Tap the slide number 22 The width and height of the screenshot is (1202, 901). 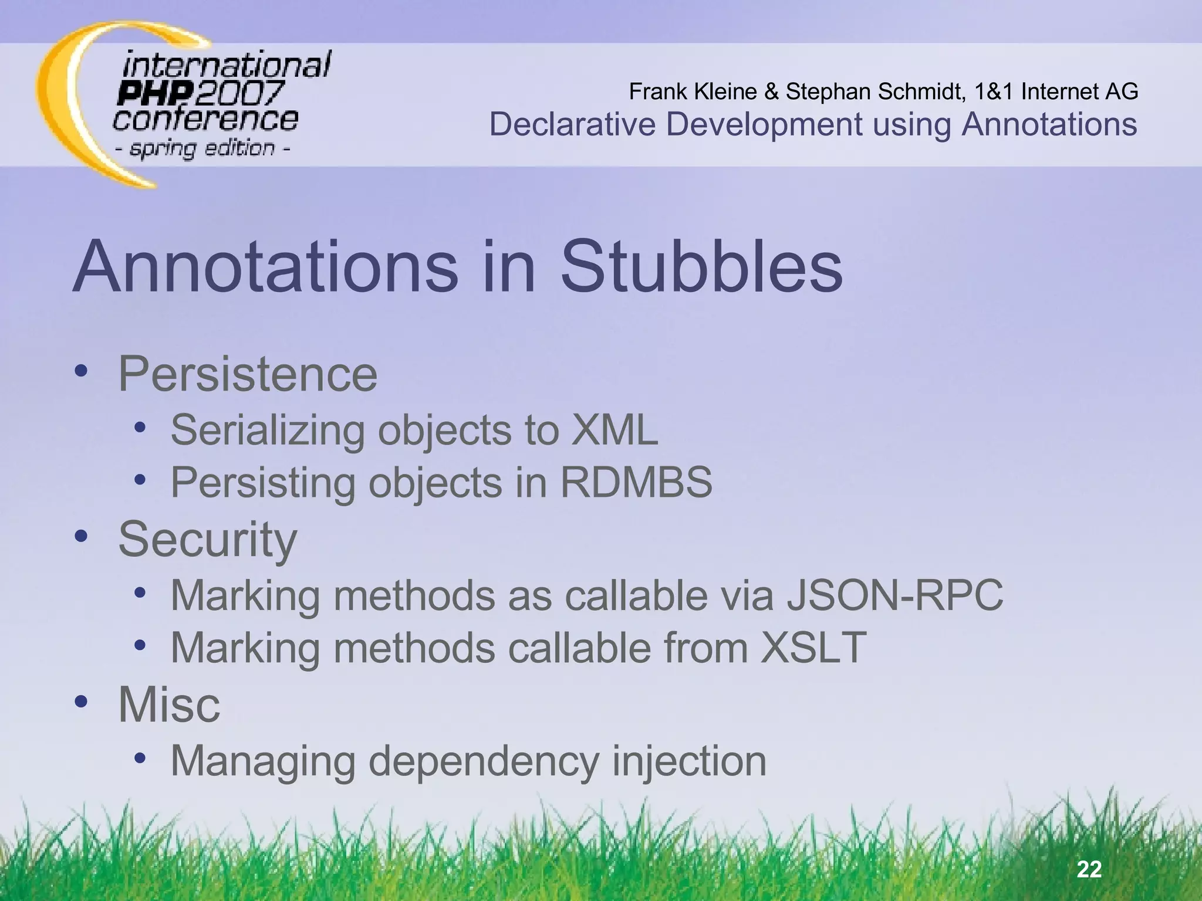1089,869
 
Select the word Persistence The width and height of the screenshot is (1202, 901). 248,374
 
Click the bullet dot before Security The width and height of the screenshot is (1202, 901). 81,536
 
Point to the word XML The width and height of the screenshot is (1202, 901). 614,430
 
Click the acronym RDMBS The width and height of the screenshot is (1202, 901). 636,482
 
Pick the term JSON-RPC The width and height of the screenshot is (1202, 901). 894,595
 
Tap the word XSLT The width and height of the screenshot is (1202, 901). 813,648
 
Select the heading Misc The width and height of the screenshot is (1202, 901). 169,704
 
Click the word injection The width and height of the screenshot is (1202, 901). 689,761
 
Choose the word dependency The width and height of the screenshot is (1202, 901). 484,761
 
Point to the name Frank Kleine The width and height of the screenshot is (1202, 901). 693,92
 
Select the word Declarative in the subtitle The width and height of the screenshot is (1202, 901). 572,124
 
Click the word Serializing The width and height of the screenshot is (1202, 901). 268,430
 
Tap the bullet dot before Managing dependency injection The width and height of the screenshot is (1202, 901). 139,758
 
